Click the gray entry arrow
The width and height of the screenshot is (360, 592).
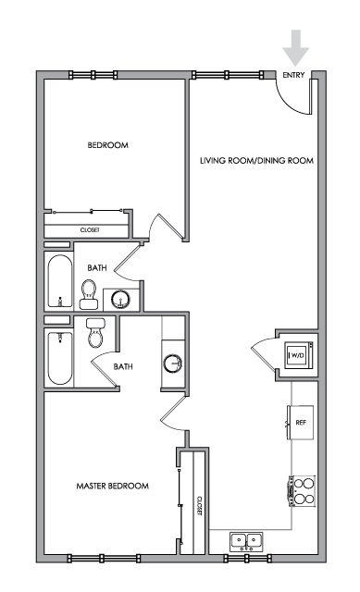point(296,47)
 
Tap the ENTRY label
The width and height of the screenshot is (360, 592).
point(293,75)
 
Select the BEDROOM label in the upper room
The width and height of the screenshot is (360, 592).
point(108,145)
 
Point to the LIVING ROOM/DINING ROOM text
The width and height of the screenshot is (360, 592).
point(257,161)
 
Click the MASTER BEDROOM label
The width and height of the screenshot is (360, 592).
point(113,486)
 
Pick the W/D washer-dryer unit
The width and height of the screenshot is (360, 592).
point(299,355)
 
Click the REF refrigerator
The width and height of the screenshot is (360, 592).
point(301,423)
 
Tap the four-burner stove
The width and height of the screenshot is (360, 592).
point(303,491)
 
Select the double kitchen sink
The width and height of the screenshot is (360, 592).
point(247,540)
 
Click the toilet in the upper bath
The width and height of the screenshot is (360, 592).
point(89,294)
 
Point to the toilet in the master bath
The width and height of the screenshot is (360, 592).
point(95,333)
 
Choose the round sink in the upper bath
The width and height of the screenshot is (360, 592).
point(121,300)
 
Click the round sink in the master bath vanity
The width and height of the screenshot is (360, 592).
point(173,364)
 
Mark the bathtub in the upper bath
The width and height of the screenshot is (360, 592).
point(59,281)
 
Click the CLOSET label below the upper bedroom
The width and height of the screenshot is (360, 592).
point(90,230)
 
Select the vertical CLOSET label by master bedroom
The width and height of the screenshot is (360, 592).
point(199,506)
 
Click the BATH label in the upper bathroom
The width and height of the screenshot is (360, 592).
point(97,268)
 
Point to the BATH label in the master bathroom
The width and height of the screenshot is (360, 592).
point(123,366)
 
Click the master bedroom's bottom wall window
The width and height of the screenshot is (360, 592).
point(104,558)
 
